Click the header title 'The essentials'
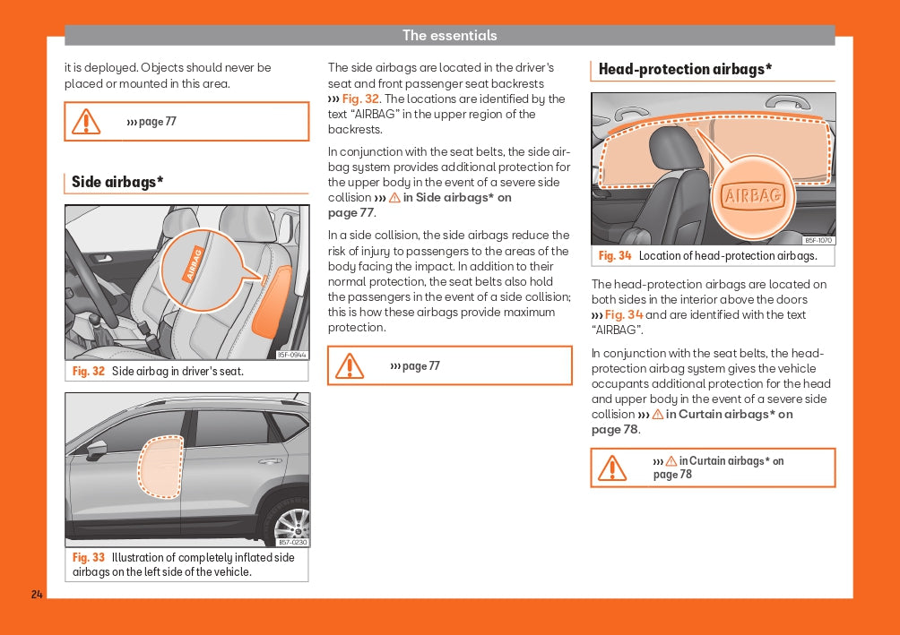pos(449,36)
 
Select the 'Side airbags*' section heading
pos(117,183)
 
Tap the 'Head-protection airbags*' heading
pos(685,69)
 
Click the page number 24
pos(37,595)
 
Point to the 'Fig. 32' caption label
pos(89,371)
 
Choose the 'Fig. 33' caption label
pos(89,557)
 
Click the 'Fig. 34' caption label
pos(615,256)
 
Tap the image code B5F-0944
pos(292,355)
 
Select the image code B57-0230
pos(292,542)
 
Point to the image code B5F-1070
pos(818,240)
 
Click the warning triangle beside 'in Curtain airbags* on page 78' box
pos(612,468)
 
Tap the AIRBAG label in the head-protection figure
pos(753,196)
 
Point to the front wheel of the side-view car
pos(290,519)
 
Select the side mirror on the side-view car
pos(96,449)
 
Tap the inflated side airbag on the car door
pos(160,466)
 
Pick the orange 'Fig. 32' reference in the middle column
pos(361,99)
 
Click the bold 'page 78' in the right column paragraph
pos(615,430)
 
